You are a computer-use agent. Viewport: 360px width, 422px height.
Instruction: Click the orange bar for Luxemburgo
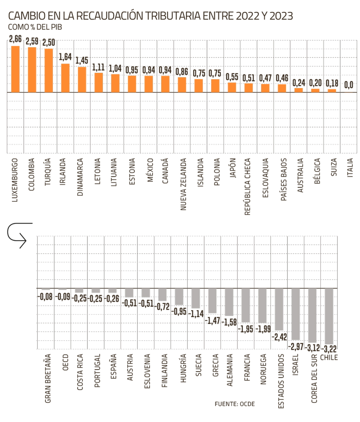(15, 69)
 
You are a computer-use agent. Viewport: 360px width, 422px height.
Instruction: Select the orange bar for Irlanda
(65, 78)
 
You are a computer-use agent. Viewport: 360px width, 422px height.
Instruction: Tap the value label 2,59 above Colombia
(32, 41)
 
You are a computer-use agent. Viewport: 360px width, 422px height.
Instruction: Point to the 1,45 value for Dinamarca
(82, 61)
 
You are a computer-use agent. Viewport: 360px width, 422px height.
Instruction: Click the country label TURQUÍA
(48, 172)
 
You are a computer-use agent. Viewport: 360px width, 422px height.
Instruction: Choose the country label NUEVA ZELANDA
(184, 184)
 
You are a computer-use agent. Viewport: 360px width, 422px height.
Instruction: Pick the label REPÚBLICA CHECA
(247, 187)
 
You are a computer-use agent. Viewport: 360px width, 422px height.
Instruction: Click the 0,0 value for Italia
(348, 85)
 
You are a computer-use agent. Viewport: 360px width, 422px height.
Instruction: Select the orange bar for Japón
(232, 87)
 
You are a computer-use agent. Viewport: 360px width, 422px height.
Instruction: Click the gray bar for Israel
(296, 314)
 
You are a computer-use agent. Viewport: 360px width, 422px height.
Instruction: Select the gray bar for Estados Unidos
(279, 309)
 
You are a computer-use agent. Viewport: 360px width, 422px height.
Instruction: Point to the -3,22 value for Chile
(329, 349)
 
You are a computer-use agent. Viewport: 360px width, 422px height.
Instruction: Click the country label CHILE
(329, 357)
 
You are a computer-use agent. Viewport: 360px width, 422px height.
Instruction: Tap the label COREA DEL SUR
(314, 378)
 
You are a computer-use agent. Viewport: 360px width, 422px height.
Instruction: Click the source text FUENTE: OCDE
(235, 404)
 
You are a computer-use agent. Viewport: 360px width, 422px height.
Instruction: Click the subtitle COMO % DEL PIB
(35, 27)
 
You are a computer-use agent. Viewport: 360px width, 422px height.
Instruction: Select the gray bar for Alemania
(229, 302)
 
